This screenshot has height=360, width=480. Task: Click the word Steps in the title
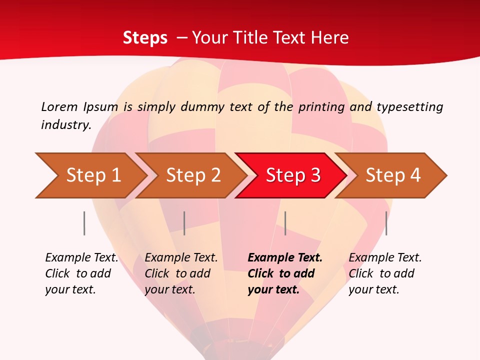(x=145, y=38)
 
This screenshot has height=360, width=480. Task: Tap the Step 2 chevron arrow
(x=193, y=175)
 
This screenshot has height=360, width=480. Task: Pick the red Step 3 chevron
(x=293, y=175)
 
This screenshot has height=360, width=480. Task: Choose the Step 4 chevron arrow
(x=393, y=175)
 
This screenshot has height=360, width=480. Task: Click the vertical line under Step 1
(x=84, y=223)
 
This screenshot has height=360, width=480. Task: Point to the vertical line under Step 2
(x=184, y=223)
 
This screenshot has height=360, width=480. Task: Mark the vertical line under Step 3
(x=285, y=223)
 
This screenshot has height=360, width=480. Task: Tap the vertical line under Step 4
(x=386, y=223)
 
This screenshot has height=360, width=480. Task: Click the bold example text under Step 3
(x=285, y=273)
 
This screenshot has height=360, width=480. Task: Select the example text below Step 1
(x=81, y=273)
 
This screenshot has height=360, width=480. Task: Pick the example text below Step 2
(x=181, y=273)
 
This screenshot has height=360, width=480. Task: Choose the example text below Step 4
(x=385, y=273)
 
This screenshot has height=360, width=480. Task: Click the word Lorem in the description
(x=59, y=106)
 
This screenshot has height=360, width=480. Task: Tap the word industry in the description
(x=65, y=124)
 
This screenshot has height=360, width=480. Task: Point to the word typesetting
(x=409, y=107)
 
